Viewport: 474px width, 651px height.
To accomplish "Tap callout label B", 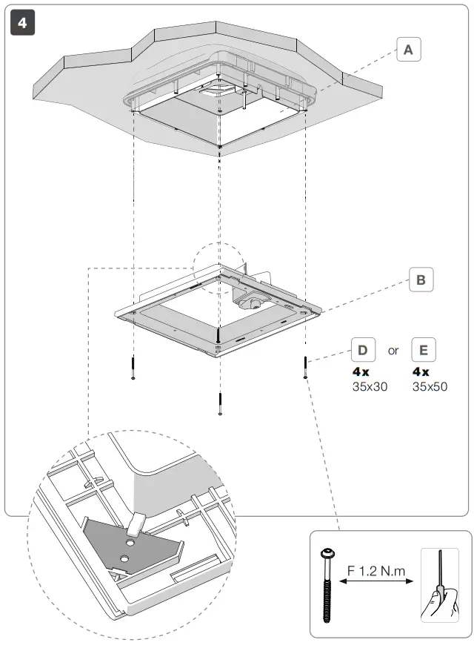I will (x=421, y=280).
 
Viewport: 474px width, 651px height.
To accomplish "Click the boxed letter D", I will (x=363, y=350).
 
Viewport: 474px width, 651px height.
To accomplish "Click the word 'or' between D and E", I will (x=393, y=351).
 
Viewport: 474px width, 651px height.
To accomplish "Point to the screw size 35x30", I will (x=369, y=386).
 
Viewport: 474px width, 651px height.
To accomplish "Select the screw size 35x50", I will (x=430, y=386).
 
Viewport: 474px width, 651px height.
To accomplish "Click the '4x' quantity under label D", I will (x=361, y=371).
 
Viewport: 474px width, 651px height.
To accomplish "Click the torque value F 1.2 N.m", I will (x=375, y=572).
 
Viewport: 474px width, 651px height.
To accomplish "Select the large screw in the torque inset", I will (x=326, y=586).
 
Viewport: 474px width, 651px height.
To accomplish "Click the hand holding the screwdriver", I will (x=441, y=600).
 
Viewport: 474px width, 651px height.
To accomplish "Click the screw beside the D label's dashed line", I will (x=304, y=366).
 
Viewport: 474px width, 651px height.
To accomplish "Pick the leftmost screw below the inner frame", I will (x=133, y=368).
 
